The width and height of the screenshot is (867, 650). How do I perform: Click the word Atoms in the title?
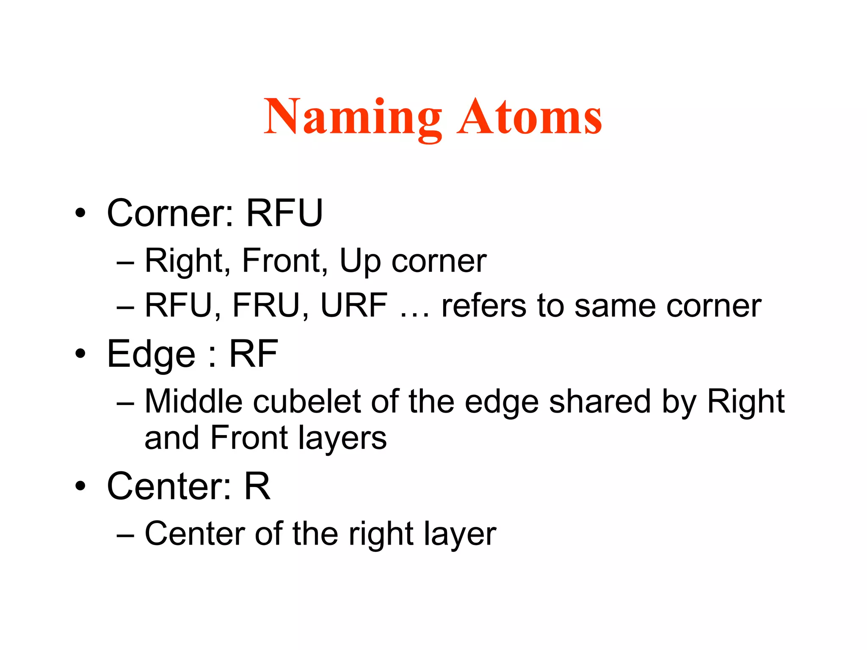[529, 117]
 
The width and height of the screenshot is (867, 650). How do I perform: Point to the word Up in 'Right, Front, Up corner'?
[360, 261]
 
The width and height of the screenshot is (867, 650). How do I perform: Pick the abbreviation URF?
[354, 306]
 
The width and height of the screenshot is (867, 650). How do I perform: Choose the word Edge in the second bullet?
[151, 355]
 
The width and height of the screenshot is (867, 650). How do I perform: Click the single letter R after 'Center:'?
[257, 486]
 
